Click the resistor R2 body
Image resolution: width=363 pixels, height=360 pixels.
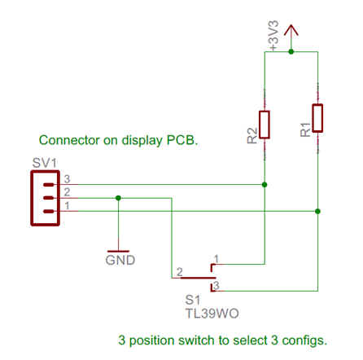(265, 125)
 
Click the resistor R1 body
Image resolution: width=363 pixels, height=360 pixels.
(317, 118)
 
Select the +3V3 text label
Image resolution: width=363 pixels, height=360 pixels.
(273, 35)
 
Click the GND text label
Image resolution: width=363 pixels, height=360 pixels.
(120, 260)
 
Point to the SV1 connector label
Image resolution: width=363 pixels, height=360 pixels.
(45, 163)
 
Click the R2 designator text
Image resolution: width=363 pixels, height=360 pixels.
(252, 135)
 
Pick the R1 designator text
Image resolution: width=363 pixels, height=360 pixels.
(305, 130)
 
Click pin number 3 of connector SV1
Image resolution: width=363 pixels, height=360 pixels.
(67, 179)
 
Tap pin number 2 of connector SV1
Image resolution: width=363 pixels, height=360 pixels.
(67, 192)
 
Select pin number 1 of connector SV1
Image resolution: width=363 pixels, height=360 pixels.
(67, 205)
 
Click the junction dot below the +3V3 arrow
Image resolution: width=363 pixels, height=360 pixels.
(291, 51)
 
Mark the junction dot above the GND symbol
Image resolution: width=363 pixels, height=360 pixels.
(118, 198)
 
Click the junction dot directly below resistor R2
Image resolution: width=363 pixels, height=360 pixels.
(265, 185)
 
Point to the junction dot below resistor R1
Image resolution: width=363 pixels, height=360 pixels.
(317, 211)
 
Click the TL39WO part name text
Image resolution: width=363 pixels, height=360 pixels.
(212, 314)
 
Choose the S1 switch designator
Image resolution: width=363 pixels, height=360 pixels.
(193, 300)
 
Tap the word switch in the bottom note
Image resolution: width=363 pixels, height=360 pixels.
(196, 340)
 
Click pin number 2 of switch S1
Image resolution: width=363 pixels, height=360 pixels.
(180, 272)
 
